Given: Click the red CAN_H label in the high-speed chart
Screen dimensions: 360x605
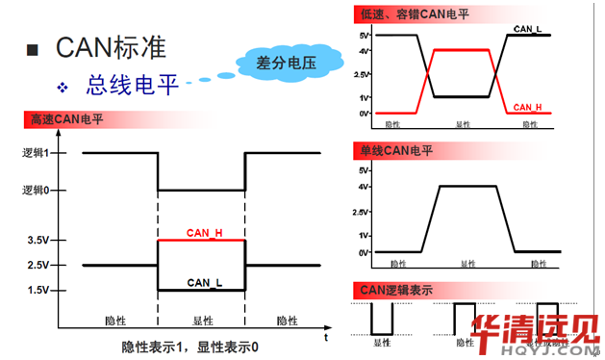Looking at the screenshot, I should [x=205, y=234].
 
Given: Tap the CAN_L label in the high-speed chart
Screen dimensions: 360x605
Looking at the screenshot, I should [x=205, y=283].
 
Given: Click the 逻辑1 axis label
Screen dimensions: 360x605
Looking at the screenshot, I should [x=37, y=153].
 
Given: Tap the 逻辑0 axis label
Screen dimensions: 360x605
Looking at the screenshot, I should [x=37, y=191].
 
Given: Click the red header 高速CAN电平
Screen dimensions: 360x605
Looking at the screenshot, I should [x=67, y=120].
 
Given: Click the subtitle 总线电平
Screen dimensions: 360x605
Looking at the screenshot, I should [x=133, y=86].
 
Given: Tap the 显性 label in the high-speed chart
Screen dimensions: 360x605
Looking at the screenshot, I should [x=203, y=321].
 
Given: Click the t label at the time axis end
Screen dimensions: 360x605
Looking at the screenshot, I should [x=326, y=338].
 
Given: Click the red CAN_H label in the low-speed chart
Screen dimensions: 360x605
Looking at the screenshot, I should [x=528, y=107].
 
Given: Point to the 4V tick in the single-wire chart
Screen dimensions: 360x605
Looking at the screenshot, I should [x=364, y=186].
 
